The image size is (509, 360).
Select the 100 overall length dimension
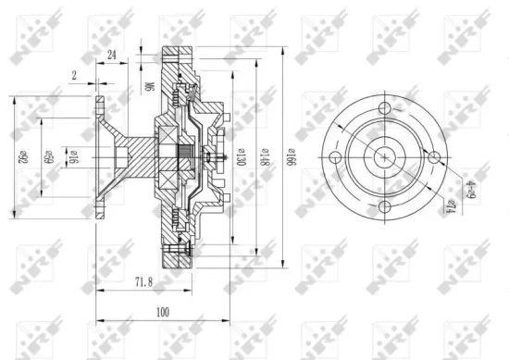[164, 312]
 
